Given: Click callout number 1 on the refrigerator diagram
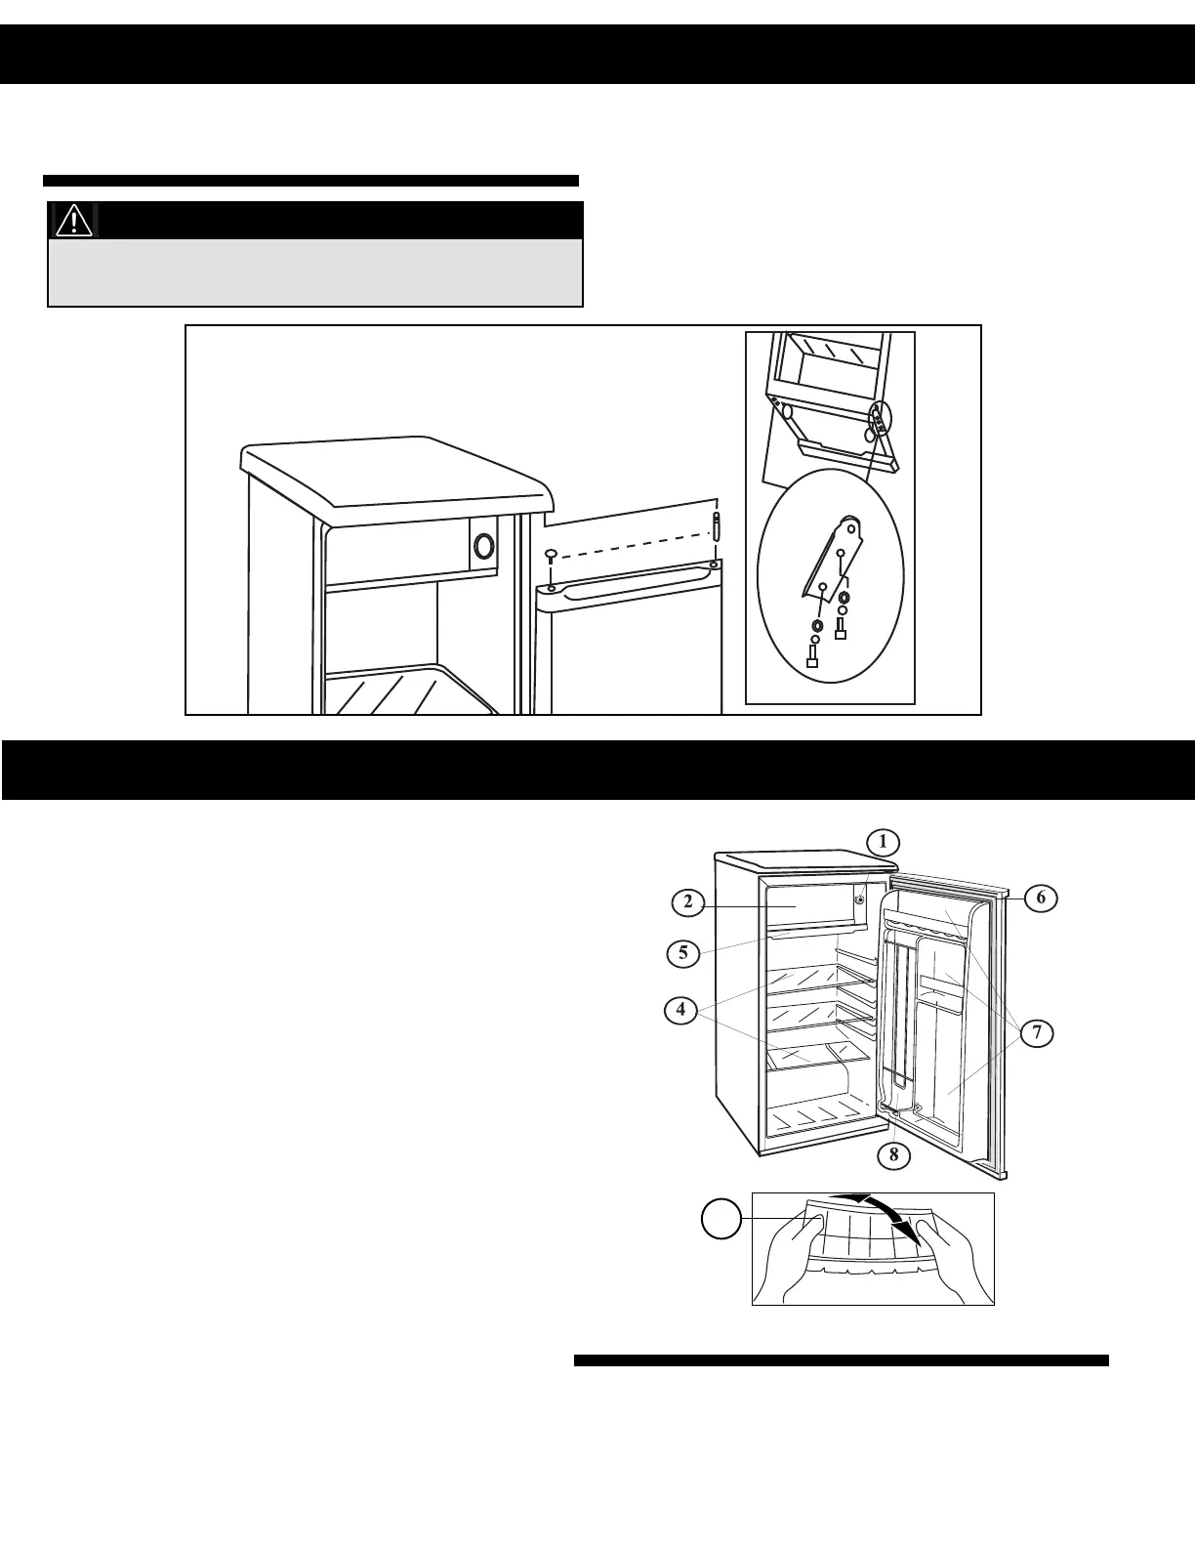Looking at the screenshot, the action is click(x=883, y=841).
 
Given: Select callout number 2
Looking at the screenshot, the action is click(x=688, y=901).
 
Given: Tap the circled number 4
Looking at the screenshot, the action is click(x=680, y=1010).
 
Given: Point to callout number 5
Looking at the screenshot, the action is click(x=683, y=952).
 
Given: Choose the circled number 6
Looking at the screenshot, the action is click(x=1042, y=898).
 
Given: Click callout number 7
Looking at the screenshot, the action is click(x=1039, y=1032).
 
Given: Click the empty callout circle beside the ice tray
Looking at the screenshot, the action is click(x=721, y=1220).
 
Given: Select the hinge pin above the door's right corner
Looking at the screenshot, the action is click(x=717, y=524).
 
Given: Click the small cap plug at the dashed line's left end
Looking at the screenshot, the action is click(x=552, y=555).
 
